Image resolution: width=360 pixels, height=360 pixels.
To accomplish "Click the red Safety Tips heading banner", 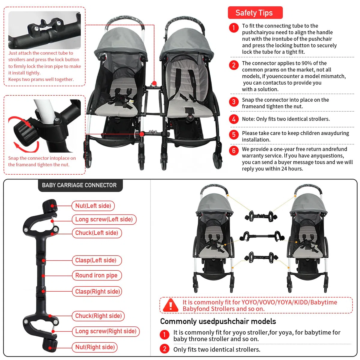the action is coord(255,13).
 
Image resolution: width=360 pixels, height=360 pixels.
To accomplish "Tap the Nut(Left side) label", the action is coord(93,206).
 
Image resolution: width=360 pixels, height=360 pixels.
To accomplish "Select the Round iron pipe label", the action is coord(97,275).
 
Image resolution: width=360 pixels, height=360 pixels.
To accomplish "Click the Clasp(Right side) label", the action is coord(97,291).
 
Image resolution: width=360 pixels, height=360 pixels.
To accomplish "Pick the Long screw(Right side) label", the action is coord(106,331).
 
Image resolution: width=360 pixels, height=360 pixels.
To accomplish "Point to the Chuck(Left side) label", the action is coord(97,233).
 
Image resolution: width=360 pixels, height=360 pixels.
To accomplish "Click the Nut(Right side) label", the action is coord(95,347).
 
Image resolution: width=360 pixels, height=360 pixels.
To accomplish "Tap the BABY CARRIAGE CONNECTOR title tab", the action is coord(80,185).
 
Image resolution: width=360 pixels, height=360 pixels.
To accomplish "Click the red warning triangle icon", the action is coord(170,305).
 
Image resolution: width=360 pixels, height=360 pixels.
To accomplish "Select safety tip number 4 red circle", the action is coord(234,119).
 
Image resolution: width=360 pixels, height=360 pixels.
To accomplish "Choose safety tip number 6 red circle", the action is coord(234,151).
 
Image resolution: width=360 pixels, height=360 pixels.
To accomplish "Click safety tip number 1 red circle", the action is coord(234,28).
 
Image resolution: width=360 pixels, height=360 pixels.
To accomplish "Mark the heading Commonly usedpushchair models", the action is coord(218,321).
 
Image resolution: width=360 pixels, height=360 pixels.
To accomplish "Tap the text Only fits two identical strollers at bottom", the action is coord(217,349).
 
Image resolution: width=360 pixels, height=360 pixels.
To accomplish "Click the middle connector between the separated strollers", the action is coord(262,236).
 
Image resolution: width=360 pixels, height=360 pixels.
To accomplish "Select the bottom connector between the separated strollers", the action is coord(261,257).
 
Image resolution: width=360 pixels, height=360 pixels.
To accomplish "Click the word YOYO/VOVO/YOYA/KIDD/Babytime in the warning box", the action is coord(289,302).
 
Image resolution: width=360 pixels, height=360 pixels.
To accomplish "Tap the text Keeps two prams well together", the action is coord(41,79).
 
